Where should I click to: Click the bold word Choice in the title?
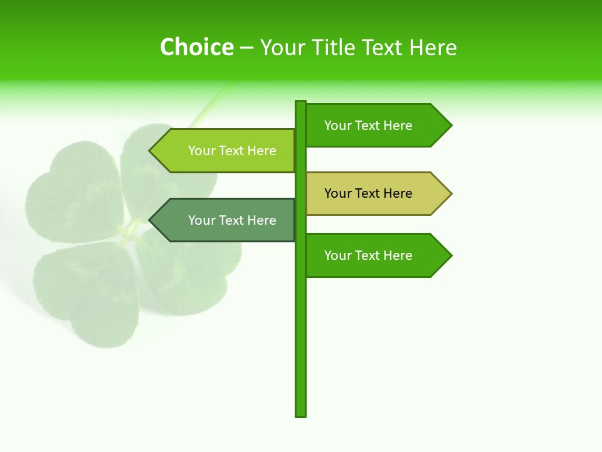pos(196,47)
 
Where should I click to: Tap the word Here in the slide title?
pos(433,47)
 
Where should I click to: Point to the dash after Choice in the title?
pos(246,48)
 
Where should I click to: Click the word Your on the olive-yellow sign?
pos(338,193)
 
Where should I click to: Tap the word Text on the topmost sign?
pos(368,126)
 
